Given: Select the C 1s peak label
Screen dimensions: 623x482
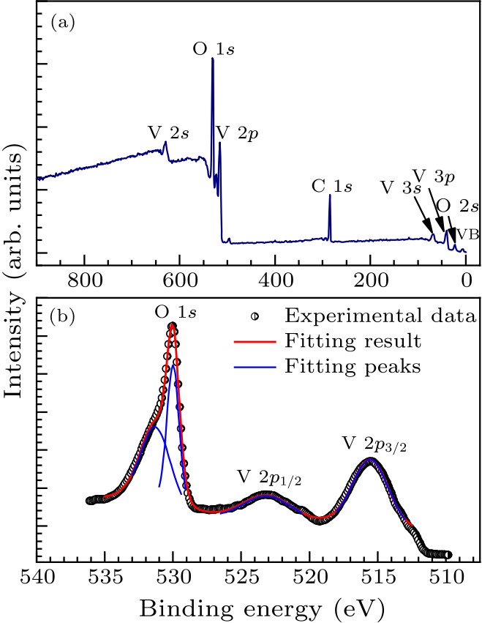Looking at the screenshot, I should [x=331, y=185].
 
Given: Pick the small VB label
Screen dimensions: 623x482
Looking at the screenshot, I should [x=468, y=235].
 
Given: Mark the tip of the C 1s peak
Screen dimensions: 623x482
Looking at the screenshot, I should [x=330, y=195].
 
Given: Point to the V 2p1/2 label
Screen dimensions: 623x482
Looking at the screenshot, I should [x=269, y=477].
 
